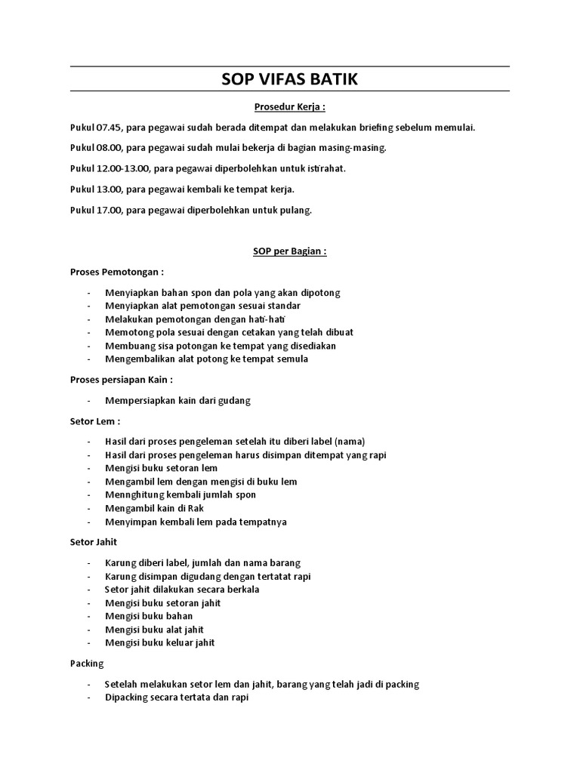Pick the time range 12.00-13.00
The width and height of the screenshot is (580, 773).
tap(123, 169)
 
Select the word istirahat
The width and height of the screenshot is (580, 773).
tap(325, 169)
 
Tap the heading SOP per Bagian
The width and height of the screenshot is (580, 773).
tap(289, 252)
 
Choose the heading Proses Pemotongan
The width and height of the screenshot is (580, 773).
tap(117, 272)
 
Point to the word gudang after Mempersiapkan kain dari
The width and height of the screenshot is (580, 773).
tap(234, 401)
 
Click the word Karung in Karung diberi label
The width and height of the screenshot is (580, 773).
tap(122, 563)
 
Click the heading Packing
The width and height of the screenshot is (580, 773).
tap(86, 664)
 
